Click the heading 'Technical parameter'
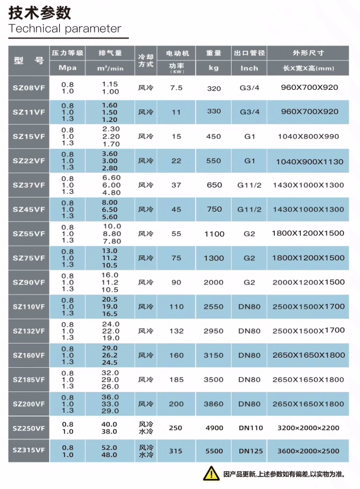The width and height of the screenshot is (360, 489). point(65,28)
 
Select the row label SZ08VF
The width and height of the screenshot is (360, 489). point(29,88)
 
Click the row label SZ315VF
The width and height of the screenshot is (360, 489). point(29,451)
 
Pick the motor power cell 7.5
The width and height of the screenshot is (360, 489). point(176,88)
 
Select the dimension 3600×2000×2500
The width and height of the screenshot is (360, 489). point(309,451)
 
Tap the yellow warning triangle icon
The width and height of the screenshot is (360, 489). point(212,473)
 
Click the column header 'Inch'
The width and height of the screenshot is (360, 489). point(249,68)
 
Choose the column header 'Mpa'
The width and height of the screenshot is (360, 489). point(68,68)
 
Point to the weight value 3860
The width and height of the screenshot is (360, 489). point(214,404)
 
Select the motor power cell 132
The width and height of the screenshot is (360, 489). point(176,331)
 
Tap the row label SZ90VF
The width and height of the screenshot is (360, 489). point(29,282)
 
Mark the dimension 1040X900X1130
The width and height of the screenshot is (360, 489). point(309,161)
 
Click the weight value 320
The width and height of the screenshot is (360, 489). point(214,88)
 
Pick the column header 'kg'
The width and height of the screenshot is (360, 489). point(214,68)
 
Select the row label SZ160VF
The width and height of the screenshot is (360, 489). point(29,355)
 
